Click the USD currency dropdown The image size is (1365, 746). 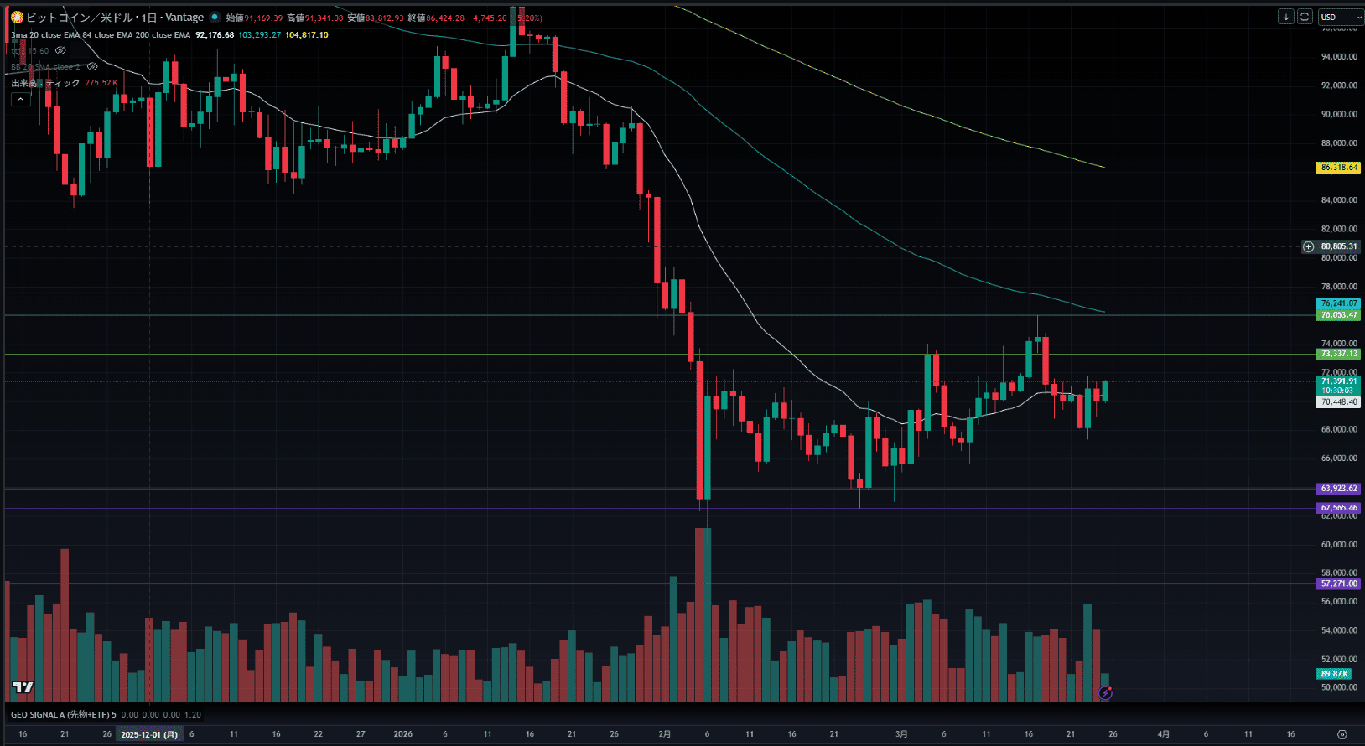pos(1339,17)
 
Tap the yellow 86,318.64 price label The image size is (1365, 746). pos(1338,168)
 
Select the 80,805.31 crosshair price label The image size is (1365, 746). pos(1338,246)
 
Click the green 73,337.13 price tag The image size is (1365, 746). pos(1338,354)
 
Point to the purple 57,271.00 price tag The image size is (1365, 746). pos(1338,583)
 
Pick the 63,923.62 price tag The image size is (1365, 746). pos(1338,489)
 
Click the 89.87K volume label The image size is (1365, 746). pos(1334,674)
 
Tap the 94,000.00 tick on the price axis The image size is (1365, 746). pos(1338,57)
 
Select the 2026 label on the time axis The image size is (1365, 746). pos(403,734)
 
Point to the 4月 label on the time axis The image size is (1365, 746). pos(1164,734)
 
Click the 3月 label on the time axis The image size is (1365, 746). pos(901,734)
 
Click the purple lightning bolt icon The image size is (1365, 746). pos(1106,693)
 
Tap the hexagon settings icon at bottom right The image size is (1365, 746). pos(1342,734)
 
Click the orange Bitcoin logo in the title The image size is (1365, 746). pos(17,18)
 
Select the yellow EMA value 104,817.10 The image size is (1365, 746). pos(307,35)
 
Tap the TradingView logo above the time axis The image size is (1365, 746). pos(23,688)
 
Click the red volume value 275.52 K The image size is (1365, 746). pos(101,83)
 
